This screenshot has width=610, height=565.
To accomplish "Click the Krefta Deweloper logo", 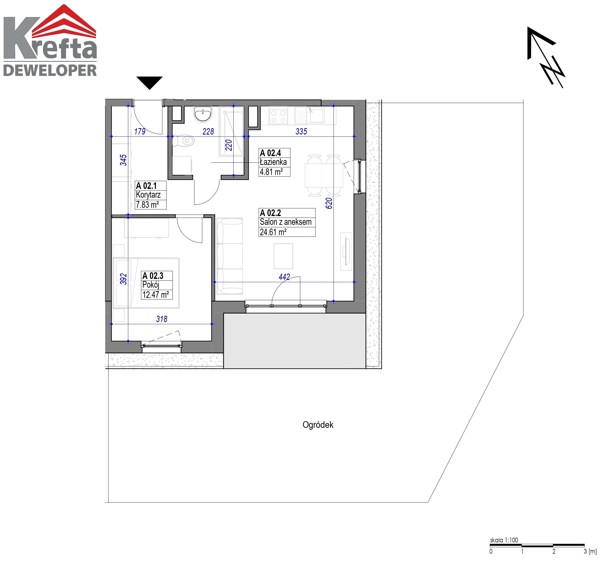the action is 50,40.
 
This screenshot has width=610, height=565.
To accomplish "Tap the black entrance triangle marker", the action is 149,83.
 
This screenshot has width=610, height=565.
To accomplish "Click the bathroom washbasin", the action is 203,114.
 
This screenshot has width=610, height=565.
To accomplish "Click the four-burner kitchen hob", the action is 278,116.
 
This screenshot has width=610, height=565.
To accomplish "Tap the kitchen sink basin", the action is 317,115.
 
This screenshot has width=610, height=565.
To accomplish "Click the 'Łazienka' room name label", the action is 273,162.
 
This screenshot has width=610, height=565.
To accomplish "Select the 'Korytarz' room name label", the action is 149,195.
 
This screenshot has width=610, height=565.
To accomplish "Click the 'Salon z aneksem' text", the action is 286,222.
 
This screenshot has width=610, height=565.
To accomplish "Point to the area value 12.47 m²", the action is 155,295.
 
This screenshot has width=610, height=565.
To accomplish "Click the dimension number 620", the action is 329,203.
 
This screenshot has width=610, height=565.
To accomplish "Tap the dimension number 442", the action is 284,277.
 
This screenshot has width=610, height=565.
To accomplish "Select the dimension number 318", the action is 162,319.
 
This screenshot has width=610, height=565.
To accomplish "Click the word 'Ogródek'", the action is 318,425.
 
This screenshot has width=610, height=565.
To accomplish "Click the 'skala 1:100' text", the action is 504,540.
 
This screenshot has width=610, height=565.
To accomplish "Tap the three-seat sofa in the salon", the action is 230,256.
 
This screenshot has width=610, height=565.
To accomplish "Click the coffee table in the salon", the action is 283,256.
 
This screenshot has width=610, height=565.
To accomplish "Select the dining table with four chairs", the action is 324,175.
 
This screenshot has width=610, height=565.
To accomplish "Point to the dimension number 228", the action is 208,132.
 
